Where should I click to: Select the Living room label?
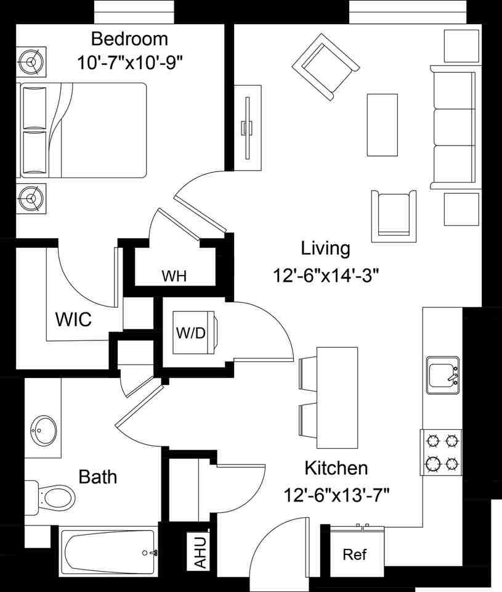tap(325, 249)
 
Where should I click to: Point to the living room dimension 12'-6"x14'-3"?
tap(325, 275)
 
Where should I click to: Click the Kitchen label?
tap(336, 468)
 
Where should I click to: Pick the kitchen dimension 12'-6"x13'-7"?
tap(337, 494)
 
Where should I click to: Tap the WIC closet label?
tap(73, 319)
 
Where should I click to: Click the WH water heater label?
tap(174, 276)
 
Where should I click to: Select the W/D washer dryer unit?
tap(192, 332)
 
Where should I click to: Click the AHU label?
tap(200, 553)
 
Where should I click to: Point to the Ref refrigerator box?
tap(354, 554)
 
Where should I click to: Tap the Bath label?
tap(98, 477)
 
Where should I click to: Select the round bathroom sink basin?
tap(44, 426)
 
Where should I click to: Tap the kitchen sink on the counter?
tap(442, 374)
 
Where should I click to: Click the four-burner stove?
tap(442, 451)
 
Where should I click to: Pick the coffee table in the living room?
tap(382, 125)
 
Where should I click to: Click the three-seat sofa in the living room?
tap(453, 127)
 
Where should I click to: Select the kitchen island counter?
tap(336, 398)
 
